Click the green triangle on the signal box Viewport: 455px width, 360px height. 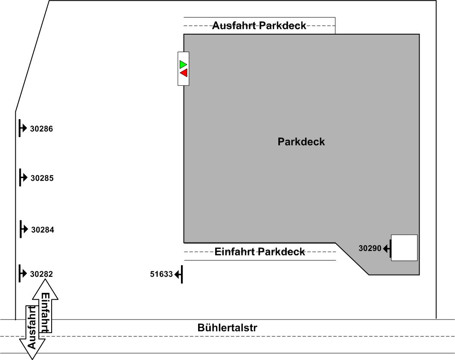point(183,64)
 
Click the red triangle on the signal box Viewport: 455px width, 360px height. point(184,73)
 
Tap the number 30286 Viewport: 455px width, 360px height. point(41,129)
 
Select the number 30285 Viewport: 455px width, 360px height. point(42,178)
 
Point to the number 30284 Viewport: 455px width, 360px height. point(43,230)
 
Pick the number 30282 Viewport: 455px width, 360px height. point(41,274)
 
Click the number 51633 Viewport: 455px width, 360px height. point(161,274)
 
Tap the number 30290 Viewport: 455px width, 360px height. point(370,248)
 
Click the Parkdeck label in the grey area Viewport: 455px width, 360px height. point(301,142)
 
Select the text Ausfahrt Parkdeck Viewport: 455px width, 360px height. point(259,26)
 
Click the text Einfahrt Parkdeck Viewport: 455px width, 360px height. point(260,252)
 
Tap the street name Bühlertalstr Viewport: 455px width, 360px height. point(227,328)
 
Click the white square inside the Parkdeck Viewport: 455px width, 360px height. point(404,248)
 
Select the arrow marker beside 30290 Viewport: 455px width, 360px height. point(387,248)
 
